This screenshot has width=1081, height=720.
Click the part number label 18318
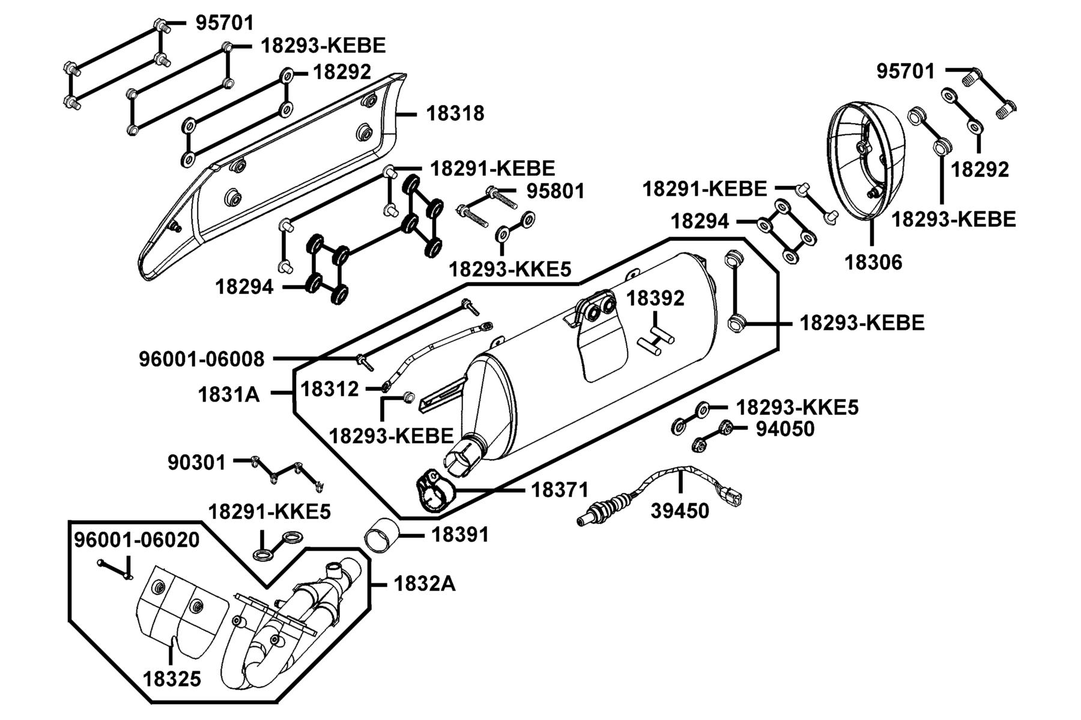455,113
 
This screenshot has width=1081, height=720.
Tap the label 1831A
229,394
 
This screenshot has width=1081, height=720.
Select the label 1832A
425,583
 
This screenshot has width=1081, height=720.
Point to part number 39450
680,511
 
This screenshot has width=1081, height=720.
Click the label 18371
560,490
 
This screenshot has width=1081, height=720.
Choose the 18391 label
460,535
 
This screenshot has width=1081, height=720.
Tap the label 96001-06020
136,539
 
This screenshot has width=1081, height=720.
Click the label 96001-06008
202,359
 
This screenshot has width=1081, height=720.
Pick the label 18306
873,262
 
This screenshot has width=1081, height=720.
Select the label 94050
785,429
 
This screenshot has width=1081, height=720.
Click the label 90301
197,463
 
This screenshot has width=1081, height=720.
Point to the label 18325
172,680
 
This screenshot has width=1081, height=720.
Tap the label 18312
330,389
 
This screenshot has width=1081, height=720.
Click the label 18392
656,298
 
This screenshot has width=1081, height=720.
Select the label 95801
556,191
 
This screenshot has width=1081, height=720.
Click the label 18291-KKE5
270,512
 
